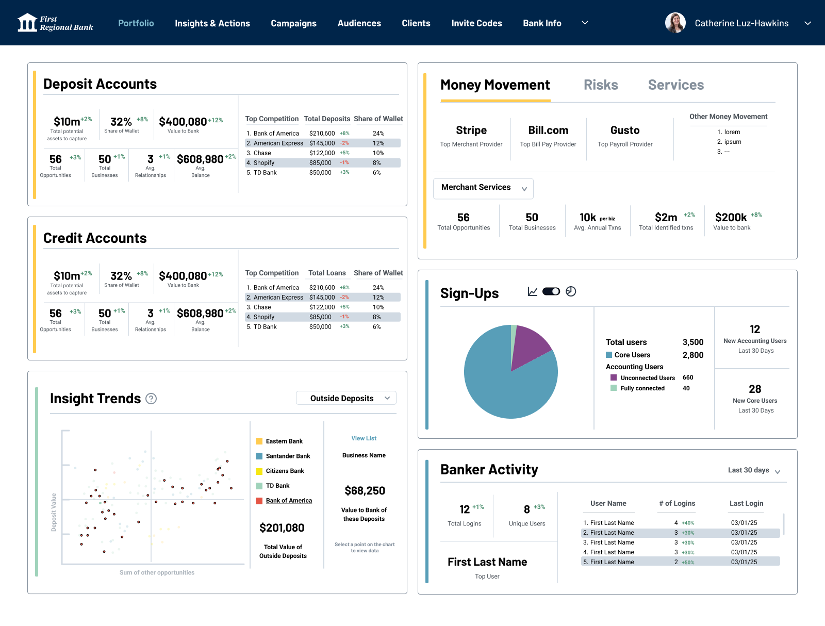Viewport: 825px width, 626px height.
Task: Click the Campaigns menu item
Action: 293,23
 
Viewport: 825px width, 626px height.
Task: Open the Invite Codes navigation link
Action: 476,23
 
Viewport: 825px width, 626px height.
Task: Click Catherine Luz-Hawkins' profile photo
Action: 675,23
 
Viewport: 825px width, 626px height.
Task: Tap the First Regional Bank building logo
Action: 27,23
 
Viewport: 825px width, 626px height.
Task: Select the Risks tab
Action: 601,85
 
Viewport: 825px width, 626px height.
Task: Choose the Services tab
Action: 676,85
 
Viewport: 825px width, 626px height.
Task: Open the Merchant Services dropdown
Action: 483,188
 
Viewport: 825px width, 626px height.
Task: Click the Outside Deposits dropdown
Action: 346,398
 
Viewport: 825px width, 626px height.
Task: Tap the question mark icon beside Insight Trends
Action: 151,398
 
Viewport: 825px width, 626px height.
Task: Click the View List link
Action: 364,438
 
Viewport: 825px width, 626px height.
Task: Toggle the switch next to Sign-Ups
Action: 551,291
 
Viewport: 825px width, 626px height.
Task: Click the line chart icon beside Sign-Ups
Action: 533,291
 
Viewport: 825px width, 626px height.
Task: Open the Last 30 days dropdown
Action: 754,470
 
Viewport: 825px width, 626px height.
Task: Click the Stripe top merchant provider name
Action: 471,130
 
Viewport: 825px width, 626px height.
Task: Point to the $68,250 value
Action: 365,490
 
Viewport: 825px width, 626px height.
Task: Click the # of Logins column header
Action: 677,503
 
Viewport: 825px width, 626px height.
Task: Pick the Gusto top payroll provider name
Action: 625,130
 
